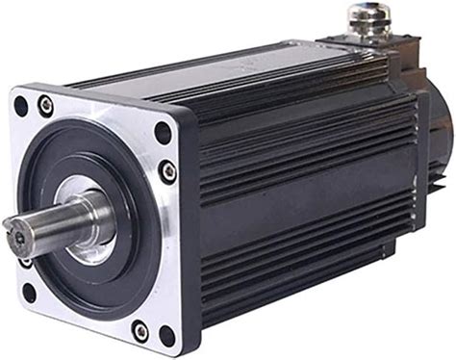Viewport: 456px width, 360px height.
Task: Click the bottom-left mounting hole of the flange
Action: (26, 289)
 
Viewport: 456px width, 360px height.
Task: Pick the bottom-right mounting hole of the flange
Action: (165, 336)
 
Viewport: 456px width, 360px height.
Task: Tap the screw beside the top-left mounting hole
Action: (45, 105)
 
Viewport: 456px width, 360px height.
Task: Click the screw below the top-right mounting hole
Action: (169, 171)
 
